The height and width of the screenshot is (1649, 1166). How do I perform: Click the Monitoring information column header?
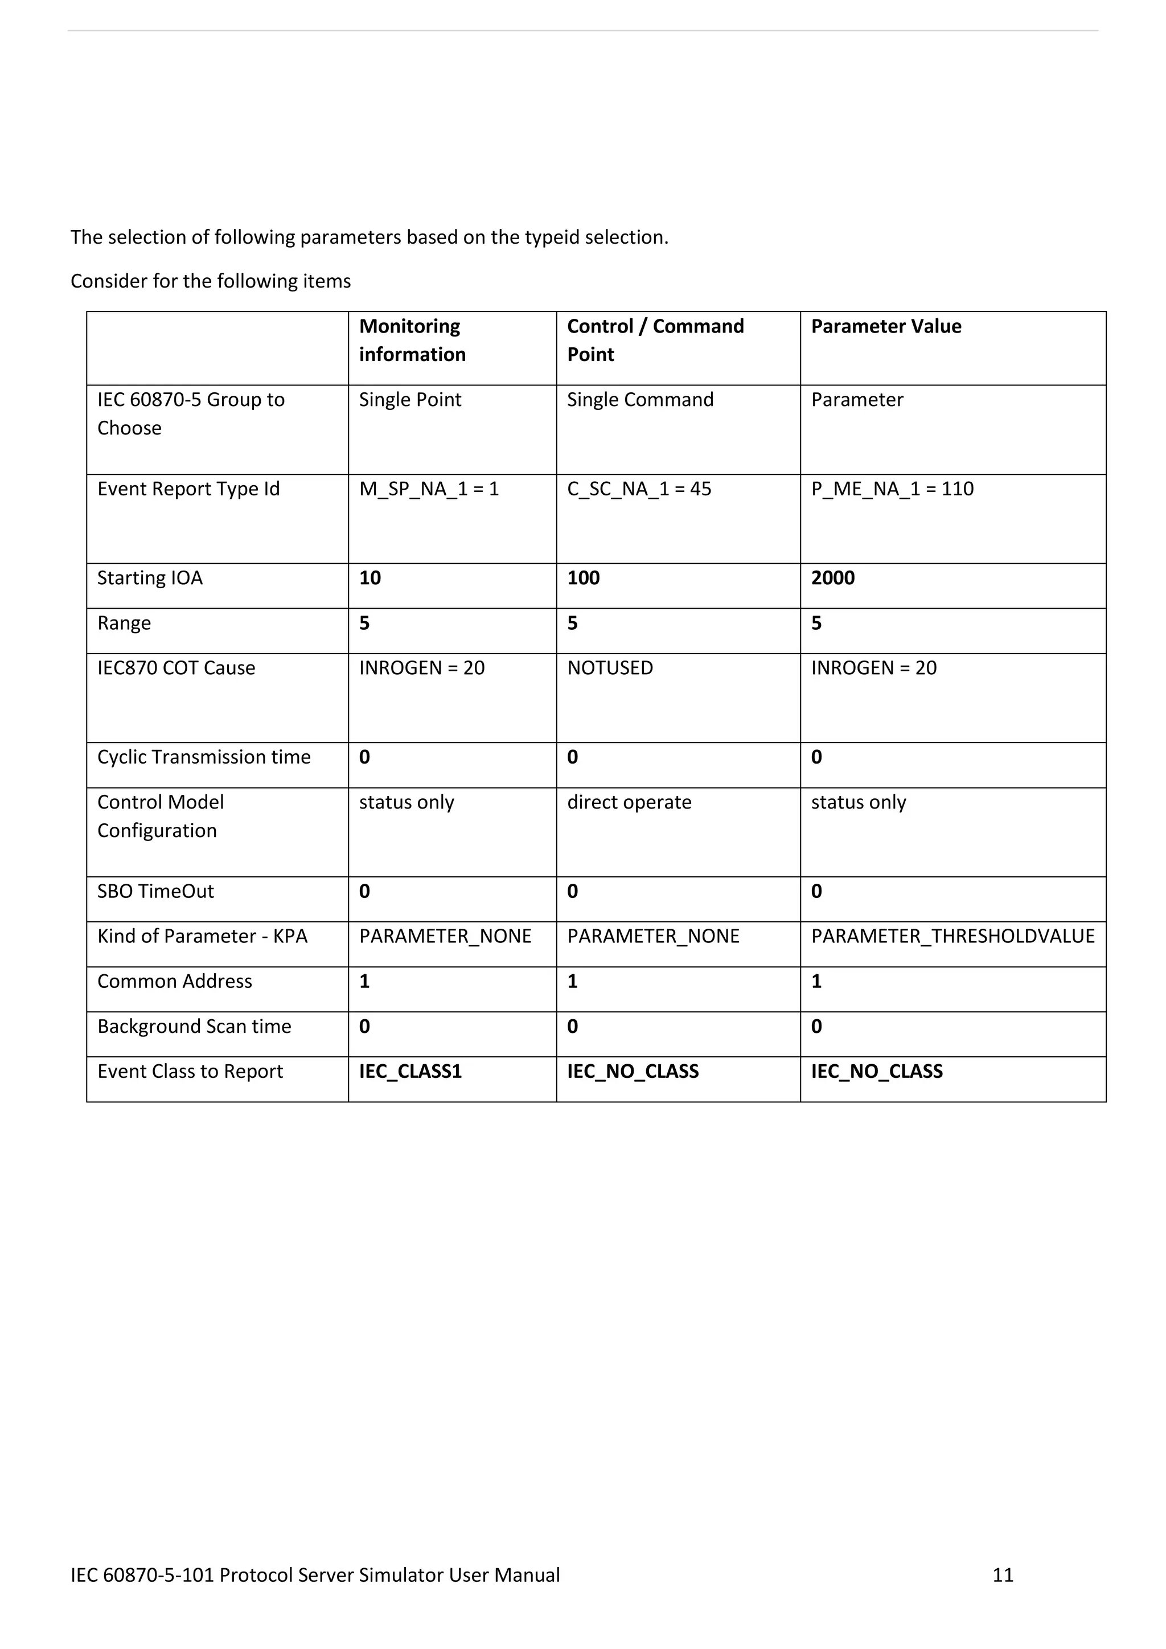(x=412, y=341)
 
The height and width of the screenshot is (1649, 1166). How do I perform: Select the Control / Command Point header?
(x=655, y=341)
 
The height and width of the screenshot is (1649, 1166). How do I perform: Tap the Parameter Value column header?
(x=886, y=327)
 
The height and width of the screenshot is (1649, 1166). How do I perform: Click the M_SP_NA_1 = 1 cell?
(x=429, y=489)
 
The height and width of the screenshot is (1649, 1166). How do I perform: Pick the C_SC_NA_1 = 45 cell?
(x=639, y=489)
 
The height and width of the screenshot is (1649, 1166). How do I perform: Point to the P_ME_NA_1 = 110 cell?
(x=892, y=489)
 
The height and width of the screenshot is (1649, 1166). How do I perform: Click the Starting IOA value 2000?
(x=833, y=578)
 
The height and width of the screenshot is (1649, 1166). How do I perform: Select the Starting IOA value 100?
(x=583, y=578)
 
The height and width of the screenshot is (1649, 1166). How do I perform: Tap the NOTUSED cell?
(x=610, y=668)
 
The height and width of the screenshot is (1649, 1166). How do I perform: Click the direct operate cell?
(x=629, y=802)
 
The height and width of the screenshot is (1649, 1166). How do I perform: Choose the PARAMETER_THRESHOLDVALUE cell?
(x=952, y=937)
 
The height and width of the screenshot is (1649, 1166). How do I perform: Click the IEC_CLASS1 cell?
(x=410, y=1072)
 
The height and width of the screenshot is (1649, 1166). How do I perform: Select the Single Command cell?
(x=640, y=400)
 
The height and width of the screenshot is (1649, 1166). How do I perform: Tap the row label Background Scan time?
(x=194, y=1026)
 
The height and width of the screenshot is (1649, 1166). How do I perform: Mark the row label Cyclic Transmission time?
(x=204, y=757)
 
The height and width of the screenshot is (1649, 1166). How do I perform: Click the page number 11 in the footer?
(x=1002, y=1575)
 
